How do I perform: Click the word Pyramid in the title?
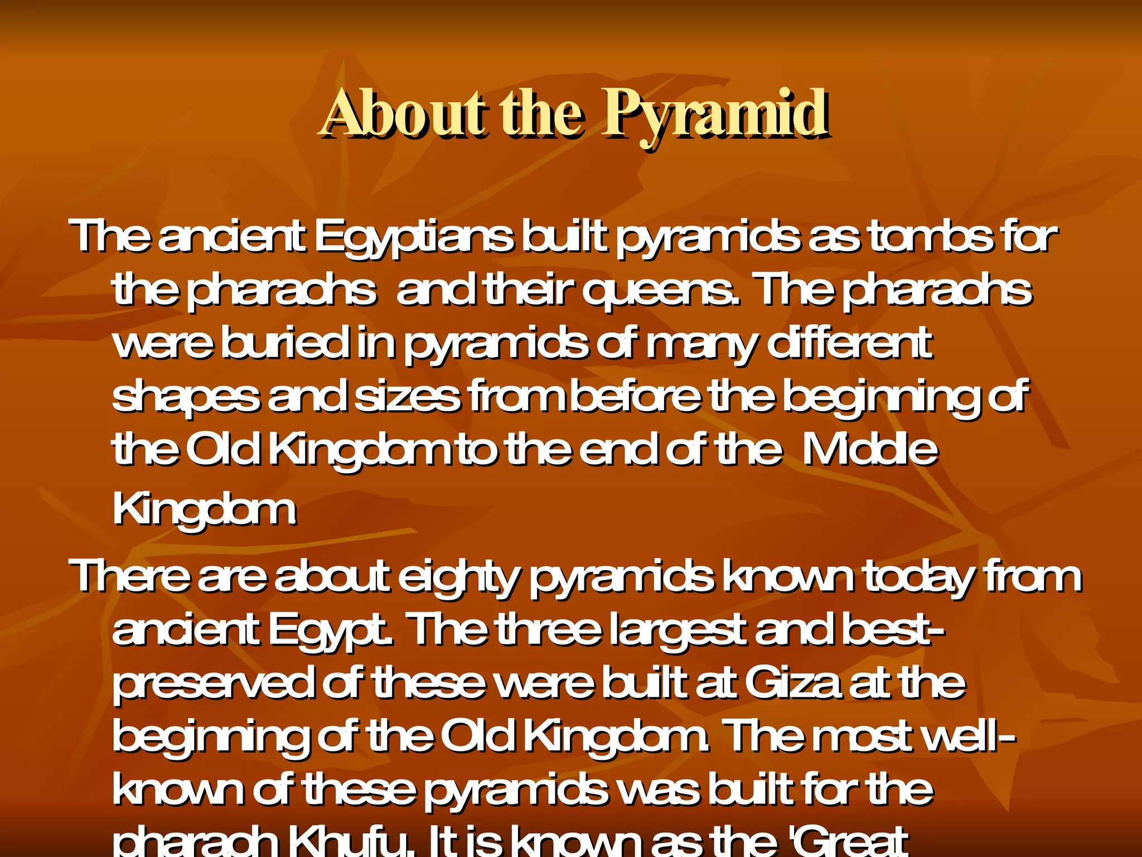715,114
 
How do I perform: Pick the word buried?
284,343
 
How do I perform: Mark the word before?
636,396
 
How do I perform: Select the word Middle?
870,450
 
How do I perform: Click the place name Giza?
792,683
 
